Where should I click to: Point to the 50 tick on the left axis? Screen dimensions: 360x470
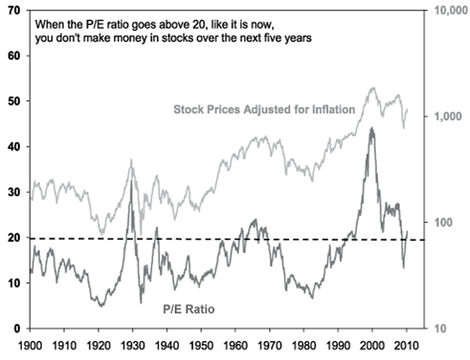(x=14, y=101)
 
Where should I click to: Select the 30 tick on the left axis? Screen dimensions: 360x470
(x=14, y=192)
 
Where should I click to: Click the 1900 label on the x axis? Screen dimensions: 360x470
(x=30, y=346)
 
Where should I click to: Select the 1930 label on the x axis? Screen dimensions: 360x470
(x=133, y=346)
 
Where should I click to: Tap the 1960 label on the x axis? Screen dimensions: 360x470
(x=236, y=346)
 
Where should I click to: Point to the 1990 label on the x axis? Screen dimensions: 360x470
(x=338, y=346)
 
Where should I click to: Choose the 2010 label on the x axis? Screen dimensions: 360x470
(x=406, y=346)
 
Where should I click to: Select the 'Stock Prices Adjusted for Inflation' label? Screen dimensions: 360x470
(x=265, y=109)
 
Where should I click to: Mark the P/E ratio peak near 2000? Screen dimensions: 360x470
(x=371, y=128)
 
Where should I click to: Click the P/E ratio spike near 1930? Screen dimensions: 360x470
(x=132, y=180)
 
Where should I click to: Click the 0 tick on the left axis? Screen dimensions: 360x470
(x=17, y=328)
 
